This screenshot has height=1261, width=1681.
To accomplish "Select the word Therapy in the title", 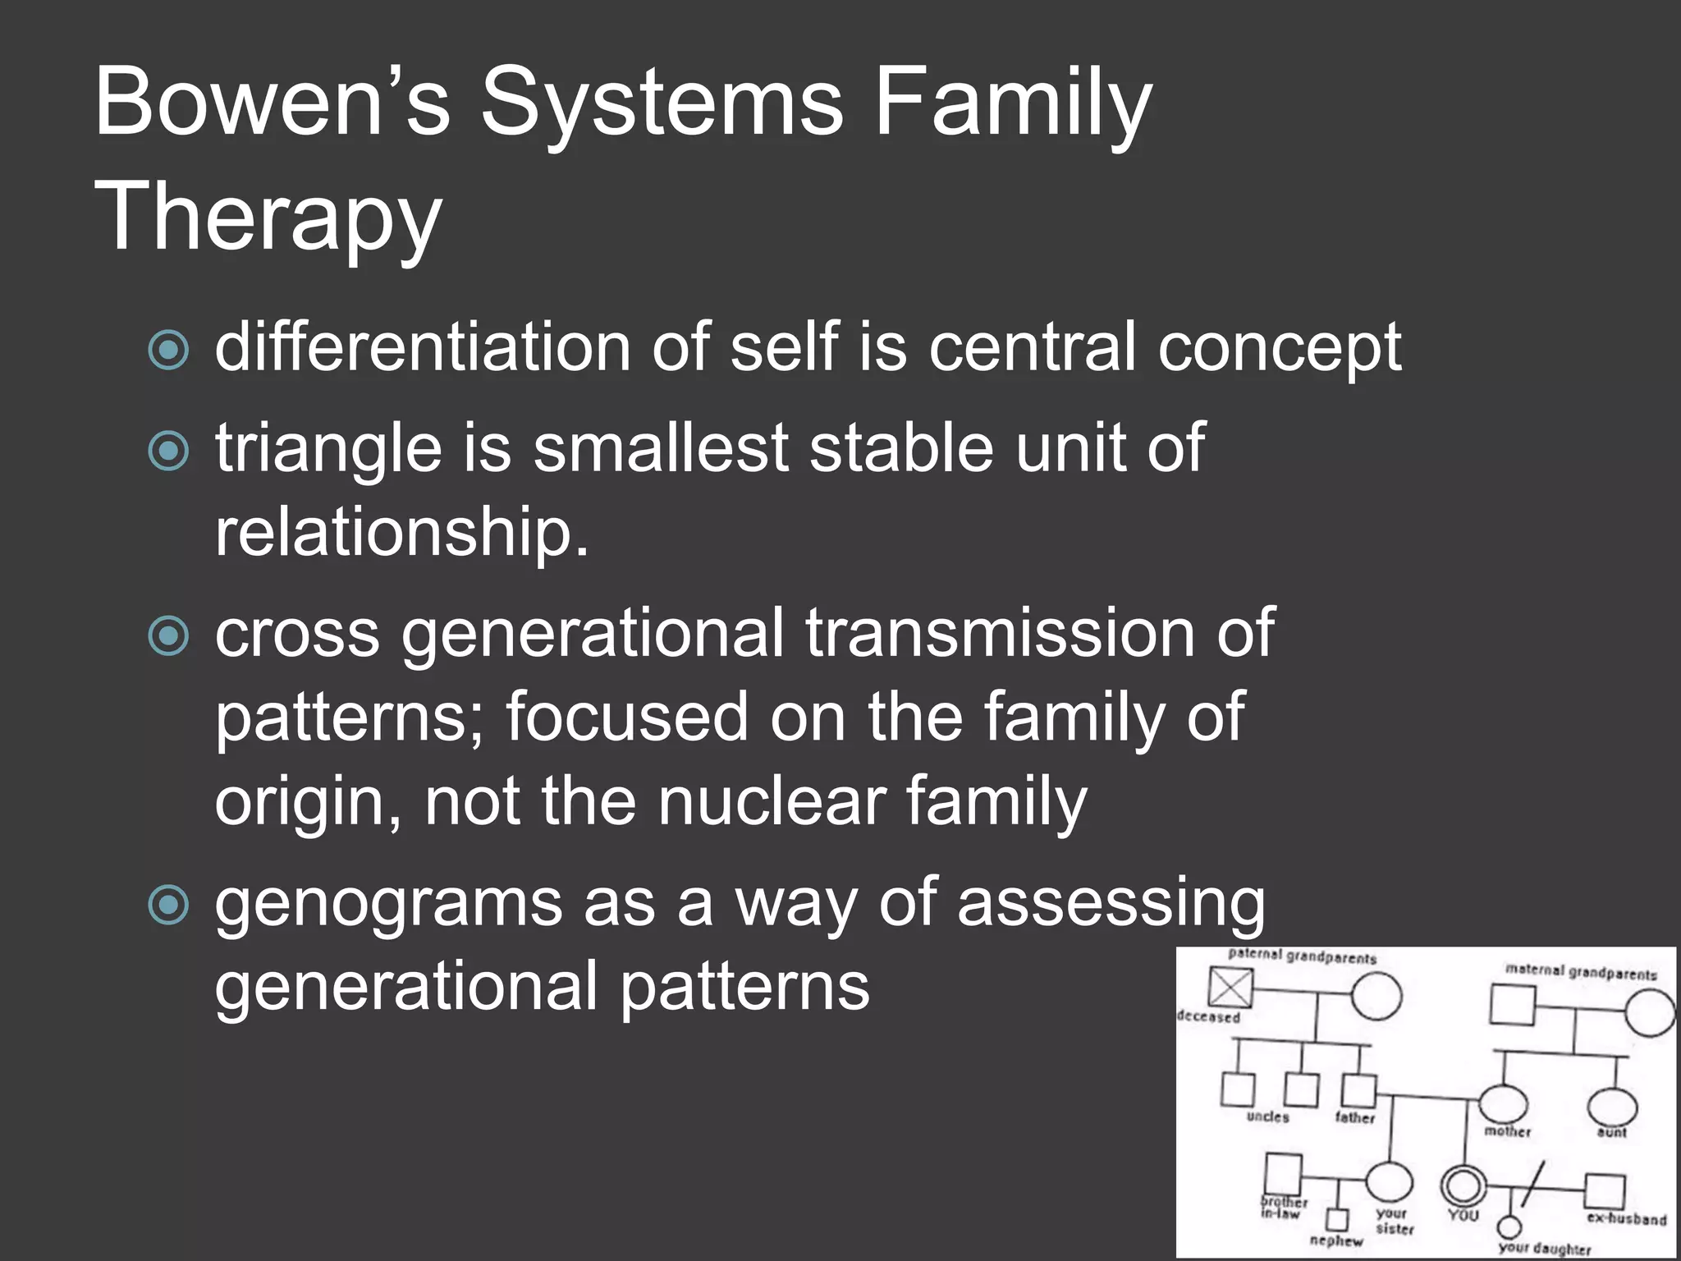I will click(x=268, y=217).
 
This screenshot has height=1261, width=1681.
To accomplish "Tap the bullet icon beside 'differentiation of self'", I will click(x=169, y=351).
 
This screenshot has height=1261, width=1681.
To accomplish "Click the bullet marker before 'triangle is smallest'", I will click(x=169, y=451).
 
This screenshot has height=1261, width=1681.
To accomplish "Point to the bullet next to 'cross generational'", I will click(x=169, y=635).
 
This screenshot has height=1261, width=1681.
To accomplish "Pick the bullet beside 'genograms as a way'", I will click(x=169, y=905).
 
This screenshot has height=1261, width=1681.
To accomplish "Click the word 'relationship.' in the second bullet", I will click(x=402, y=532).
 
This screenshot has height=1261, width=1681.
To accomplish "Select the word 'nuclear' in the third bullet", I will click(x=772, y=801).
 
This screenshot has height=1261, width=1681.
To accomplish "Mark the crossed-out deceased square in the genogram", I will click(x=1230, y=988).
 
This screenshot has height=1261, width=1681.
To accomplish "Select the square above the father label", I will click(x=1358, y=1089).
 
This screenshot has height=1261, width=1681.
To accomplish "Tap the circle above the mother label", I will click(x=1503, y=1102).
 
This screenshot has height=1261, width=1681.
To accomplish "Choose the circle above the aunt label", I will click(x=1612, y=1106).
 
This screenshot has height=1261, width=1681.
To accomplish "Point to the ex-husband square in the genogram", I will click(x=1605, y=1190).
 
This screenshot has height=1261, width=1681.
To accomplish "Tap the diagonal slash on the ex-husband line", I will click(x=1532, y=1185).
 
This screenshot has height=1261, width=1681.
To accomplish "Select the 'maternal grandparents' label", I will click(x=1581, y=972).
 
